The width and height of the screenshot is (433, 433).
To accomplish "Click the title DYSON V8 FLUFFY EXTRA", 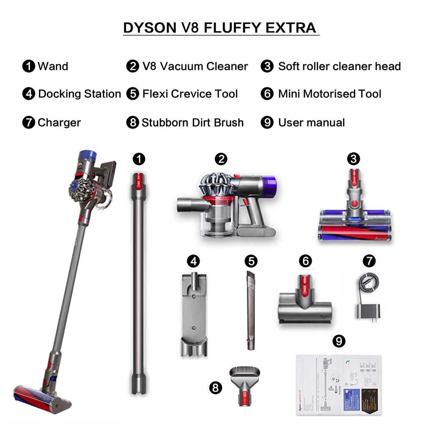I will [219, 28].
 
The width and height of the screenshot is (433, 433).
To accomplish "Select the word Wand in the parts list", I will [53, 66].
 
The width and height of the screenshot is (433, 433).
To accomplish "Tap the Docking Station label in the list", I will [79, 94].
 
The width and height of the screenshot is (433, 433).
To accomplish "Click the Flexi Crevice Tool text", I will [190, 94].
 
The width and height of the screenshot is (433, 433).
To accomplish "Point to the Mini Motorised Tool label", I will [329, 94].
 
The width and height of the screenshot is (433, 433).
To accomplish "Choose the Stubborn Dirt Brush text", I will [192, 123].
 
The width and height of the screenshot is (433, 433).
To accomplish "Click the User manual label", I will [311, 123].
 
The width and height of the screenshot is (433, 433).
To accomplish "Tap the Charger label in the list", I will [59, 123].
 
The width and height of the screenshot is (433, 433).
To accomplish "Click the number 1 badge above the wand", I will [139, 159].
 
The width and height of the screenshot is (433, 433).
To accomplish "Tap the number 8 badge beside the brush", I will [216, 388].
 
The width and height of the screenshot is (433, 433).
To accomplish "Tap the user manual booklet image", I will [338, 385].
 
